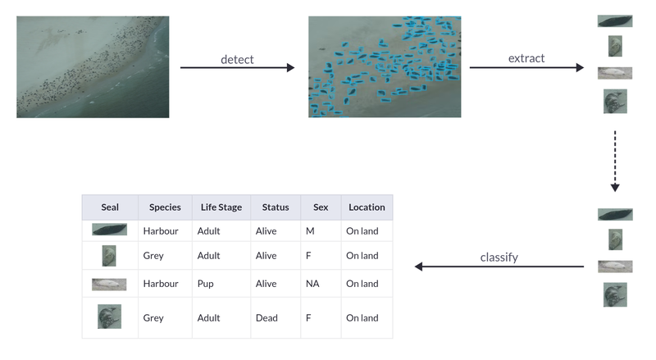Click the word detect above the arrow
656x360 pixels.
(237, 59)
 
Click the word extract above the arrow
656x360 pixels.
(526, 58)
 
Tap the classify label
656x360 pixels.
(499, 257)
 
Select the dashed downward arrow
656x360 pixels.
(615, 160)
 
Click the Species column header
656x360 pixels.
(165, 207)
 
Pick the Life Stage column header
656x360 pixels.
(221, 207)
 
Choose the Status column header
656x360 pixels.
(276, 207)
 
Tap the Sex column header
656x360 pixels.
(320, 207)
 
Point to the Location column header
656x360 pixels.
(367, 207)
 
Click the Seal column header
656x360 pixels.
(110, 207)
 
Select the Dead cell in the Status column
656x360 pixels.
(266, 318)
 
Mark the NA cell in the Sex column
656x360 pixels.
(312, 284)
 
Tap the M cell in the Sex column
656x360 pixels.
(310, 231)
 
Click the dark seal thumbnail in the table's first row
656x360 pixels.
(110, 230)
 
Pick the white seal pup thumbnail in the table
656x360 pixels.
(109, 284)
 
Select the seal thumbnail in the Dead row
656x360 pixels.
(109, 317)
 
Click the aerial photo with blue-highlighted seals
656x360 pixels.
(385, 66)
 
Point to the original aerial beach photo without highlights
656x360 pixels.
(93, 66)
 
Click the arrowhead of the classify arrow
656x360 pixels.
(419, 267)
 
